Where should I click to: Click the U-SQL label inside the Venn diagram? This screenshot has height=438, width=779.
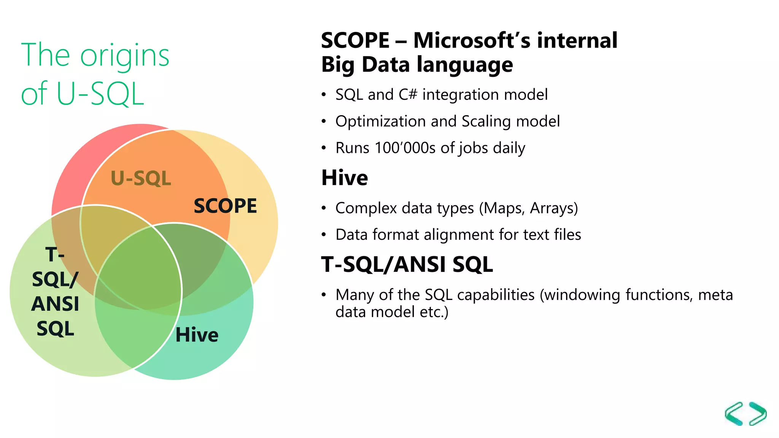[x=141, y=178]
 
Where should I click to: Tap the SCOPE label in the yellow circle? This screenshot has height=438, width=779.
[x=225, y=206]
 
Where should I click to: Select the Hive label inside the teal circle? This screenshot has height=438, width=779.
[x=197, y=335]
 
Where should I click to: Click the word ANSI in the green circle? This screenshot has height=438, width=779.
[x=55, y=304]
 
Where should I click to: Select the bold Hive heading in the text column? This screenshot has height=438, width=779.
[x=345, y=178]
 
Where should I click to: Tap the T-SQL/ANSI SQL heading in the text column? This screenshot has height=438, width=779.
[x=407, y=265]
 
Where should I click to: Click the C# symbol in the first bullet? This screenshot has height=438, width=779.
[x=408, y=95]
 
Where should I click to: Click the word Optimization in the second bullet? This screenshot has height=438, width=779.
[x=381, y=122]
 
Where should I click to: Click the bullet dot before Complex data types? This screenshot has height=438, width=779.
[x=324, y=208]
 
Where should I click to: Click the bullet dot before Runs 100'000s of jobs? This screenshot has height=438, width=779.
[x=324, y=148]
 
